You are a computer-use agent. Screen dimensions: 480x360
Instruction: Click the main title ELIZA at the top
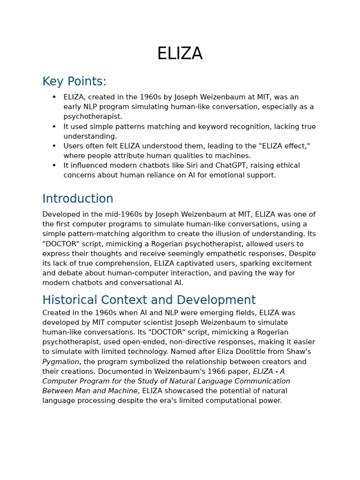point(180,54)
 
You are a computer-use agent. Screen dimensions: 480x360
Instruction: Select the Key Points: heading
point(74,82)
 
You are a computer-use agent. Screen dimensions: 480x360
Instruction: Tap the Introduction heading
point(78,199)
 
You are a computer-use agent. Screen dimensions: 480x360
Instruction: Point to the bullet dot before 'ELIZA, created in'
point(54,97)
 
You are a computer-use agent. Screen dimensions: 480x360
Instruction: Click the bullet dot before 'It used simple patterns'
point(54,127)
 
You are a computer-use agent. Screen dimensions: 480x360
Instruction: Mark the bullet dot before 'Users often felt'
point(54,146)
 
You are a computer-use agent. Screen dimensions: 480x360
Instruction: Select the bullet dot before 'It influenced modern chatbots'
point(54,165)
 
